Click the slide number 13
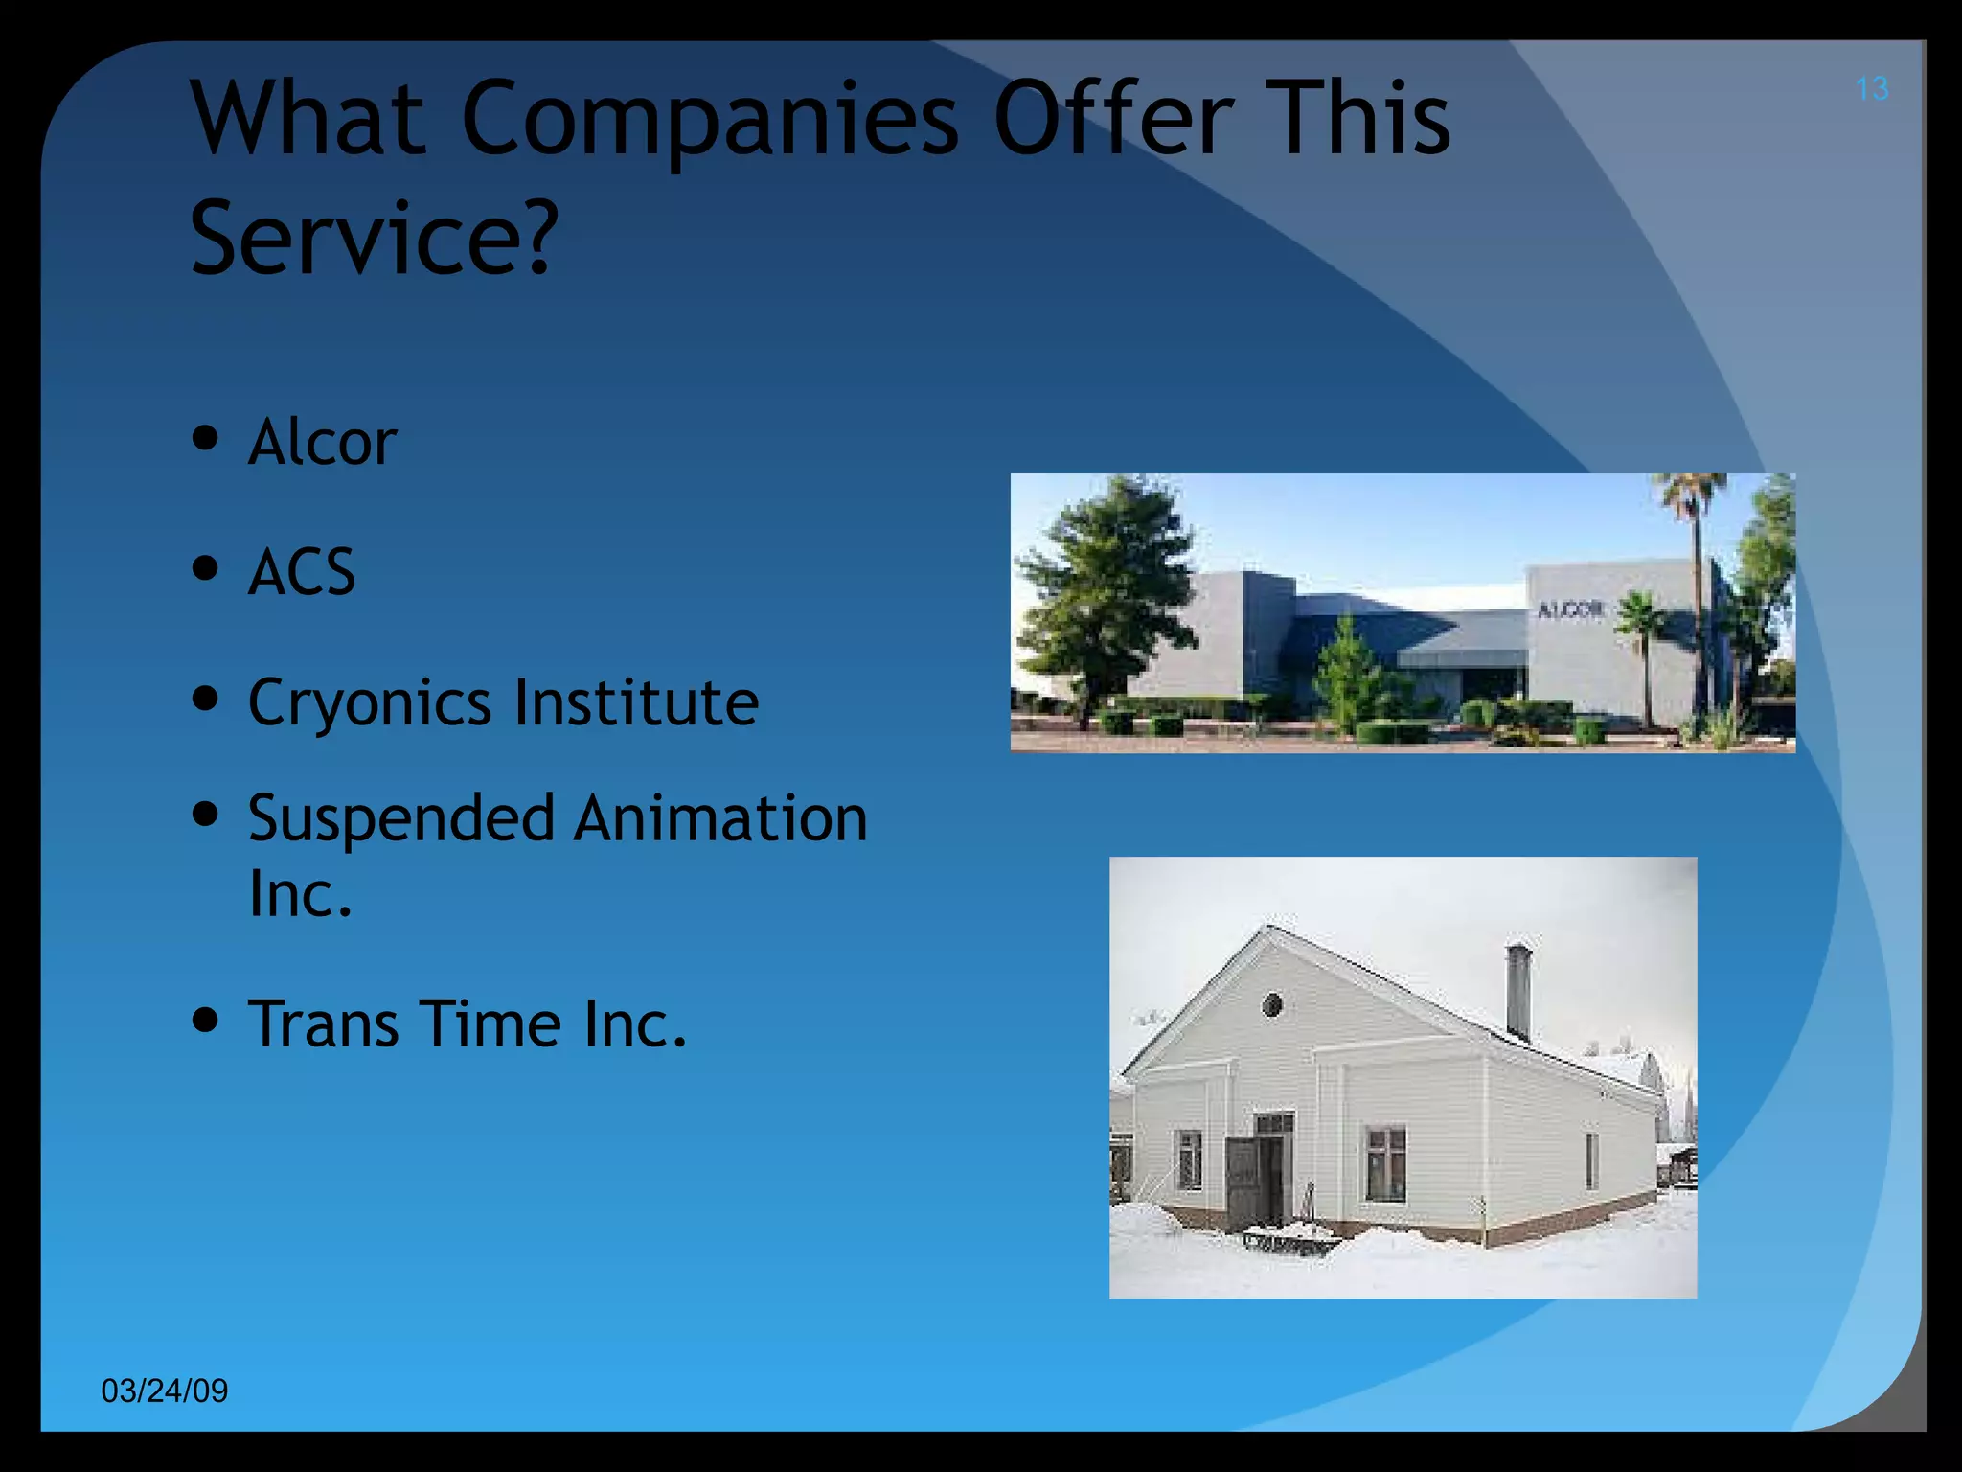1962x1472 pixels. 1871,89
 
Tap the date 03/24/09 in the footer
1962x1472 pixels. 165,1391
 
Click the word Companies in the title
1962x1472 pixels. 710,121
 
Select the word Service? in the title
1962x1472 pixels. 374,238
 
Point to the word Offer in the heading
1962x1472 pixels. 1113,119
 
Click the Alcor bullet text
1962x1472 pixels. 322,442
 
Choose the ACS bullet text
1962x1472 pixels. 302,572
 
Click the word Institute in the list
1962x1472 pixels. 637,701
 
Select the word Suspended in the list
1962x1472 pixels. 401,819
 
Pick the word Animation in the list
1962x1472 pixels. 720,818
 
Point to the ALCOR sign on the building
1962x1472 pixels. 1569,609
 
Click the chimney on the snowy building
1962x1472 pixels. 1518,991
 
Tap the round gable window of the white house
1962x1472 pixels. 1272,1004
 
